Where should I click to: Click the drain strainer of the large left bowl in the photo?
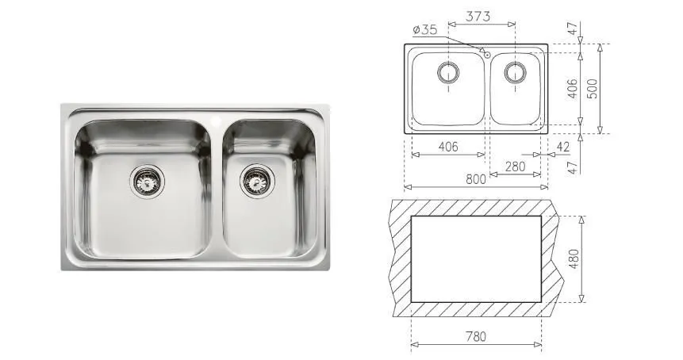coord(148,181)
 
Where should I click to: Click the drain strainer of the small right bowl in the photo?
coord(258,180)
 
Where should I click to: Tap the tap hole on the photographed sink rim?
coord(216,118)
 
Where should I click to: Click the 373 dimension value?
coord(478,16)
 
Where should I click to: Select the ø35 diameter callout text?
coord(424,29)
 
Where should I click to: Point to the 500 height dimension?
coord(593,88)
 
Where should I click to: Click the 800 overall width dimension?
coord(476,179)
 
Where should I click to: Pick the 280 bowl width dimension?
coord(516,167)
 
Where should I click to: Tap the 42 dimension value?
coord(562,147)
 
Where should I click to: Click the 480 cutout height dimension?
coord(574,259)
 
